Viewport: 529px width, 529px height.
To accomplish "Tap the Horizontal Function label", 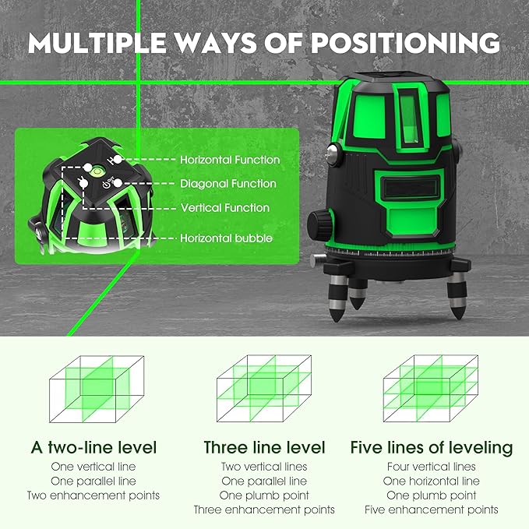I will [x=230, y=160].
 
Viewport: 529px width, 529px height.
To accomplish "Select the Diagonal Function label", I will [x=228, y=184].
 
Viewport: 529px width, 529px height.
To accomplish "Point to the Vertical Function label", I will [x=225, y=208].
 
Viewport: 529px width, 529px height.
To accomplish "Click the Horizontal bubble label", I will [x=227, y=238].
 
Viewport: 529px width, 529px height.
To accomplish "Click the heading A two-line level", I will [x=93, y=447].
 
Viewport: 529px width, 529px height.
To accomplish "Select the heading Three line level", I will [x=264, y=447].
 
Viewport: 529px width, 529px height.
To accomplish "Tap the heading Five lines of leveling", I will [x=432, y=447].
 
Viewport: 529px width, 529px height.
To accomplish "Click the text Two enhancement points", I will [x=93, y=495].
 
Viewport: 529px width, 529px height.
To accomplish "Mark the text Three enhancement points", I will [x=264, y=510].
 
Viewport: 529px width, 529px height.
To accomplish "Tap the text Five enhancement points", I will [x=432, y=510].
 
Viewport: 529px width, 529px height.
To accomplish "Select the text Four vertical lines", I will [x=432, y=467].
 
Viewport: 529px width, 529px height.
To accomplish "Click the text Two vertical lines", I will [x=264, y=467].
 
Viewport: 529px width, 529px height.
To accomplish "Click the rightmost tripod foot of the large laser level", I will [x=457, y=299].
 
